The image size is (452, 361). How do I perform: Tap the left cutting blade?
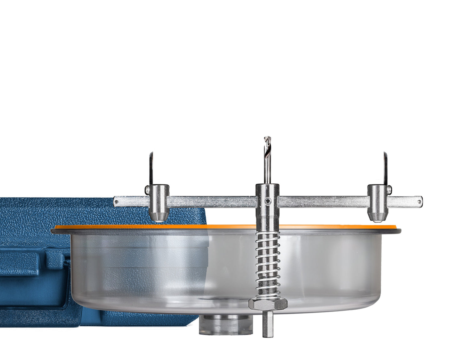[x=151, y=169]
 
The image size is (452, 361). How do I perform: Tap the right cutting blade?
[x=385, y=169]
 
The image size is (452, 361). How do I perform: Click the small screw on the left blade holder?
[x=147, y=190]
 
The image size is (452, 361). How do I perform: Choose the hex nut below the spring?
[x=268, y=303]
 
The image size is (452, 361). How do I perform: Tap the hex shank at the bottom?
[x=267, y=324]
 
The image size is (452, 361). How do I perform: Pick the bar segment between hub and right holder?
[x=322, y=202]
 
